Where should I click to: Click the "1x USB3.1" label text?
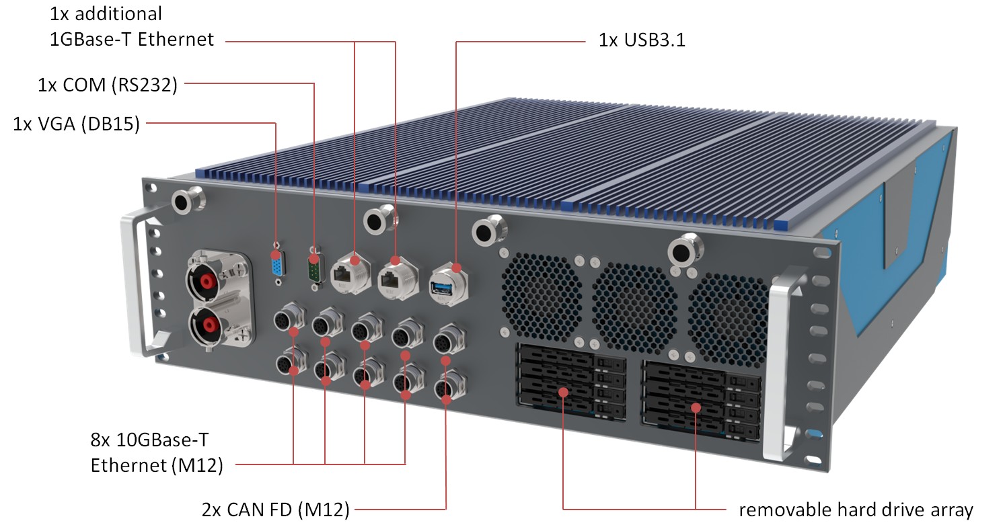click(642, 40)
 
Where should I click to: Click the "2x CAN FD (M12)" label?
click(275, 510)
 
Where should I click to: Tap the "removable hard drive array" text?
click(856, 509)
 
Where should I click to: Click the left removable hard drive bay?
click(569, 384)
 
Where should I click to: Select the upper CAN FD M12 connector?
click(444, 339)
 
